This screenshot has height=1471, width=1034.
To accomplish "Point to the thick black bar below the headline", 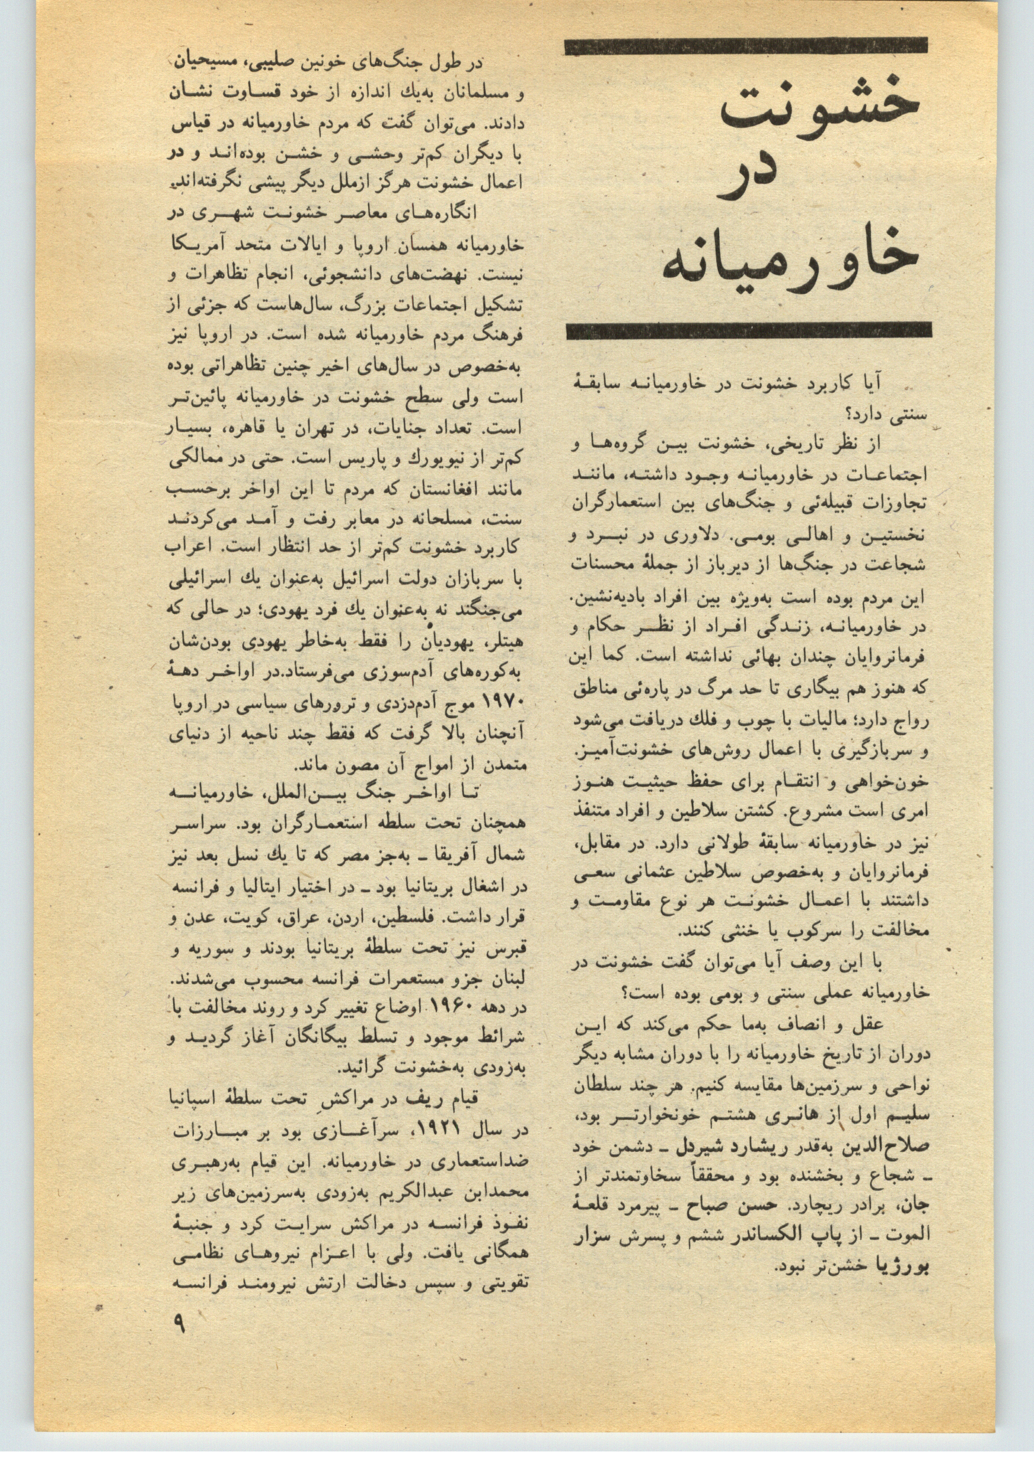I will click(x=748, y=330).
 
